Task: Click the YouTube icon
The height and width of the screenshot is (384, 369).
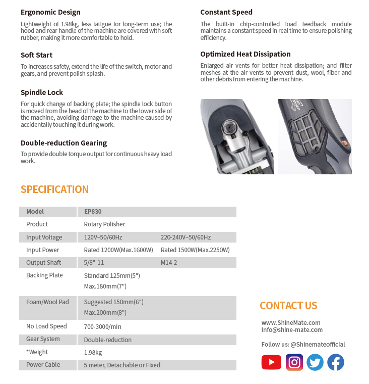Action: (x=271, y=362)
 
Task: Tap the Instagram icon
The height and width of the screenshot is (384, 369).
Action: (x=294, y=362)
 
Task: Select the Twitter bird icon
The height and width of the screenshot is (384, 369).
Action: (x=315, y=362)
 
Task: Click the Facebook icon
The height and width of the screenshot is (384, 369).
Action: (x=336, y=362)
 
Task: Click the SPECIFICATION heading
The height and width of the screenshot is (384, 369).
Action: (x=54, y=189)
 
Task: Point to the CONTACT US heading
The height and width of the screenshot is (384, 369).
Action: (x=288, y=306)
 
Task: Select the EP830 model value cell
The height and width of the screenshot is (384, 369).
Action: (x=93, y=212)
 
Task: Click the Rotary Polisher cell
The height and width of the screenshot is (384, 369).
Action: (x=104, y=224)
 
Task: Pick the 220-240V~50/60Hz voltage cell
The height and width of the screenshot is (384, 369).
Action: (x=186, y=237)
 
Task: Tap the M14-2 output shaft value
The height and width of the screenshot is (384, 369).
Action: (x=169, y=263)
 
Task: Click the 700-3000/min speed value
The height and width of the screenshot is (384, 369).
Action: (x=102, y=327)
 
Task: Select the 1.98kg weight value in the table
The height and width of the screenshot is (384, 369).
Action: (x=93, y=353)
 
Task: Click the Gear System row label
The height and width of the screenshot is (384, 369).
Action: (x=43, y=339)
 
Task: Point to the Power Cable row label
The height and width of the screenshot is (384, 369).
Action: (x=43, y=365)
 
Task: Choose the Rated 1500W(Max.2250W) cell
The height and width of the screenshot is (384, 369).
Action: (x=195, y=250)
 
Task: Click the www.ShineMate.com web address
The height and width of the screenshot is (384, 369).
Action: (x=291, y=322)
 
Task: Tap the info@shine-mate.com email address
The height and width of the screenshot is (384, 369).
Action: (x=292, y=330)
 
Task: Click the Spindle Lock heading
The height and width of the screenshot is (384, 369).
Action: (x=42, y=92)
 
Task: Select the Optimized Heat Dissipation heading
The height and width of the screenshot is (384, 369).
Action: (x=245, y=54)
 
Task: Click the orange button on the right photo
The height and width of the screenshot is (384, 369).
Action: (x=346, y=143)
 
